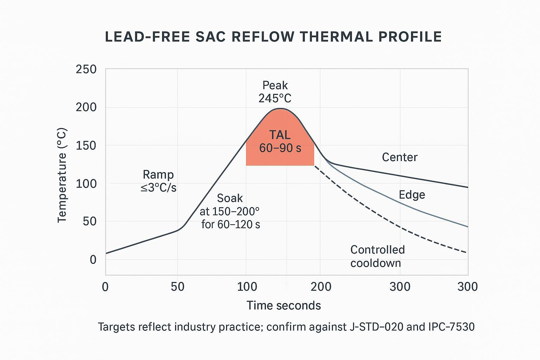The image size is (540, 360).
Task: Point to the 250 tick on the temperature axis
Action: click(x=86, y=69)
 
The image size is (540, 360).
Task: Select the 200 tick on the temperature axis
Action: click(x=86, y=107)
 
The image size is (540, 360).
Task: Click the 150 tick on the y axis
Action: click(x=86, y=145)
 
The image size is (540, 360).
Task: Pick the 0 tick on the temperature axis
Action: click(x=93, y=260)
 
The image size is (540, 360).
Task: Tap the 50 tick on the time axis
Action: click(x=178, y=287)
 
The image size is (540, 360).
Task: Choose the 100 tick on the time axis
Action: click(x=247, y=287)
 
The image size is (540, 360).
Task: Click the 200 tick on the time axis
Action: click(x=321, y=287)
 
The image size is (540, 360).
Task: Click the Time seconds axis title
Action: click(x=284, y=306)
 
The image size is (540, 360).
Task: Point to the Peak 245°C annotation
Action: click(x=275, y=92)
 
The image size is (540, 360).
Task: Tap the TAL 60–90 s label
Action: click(x=280, y=141)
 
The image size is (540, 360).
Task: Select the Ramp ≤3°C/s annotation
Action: click(x=158, y=181)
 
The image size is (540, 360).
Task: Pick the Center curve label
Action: click(x=400, y=157)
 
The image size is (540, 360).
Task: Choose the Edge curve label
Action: click(x=412, y=195)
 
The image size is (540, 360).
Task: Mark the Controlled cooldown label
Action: click(x=378, y=256)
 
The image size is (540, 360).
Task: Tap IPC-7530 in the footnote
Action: click(x=451, y=327)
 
